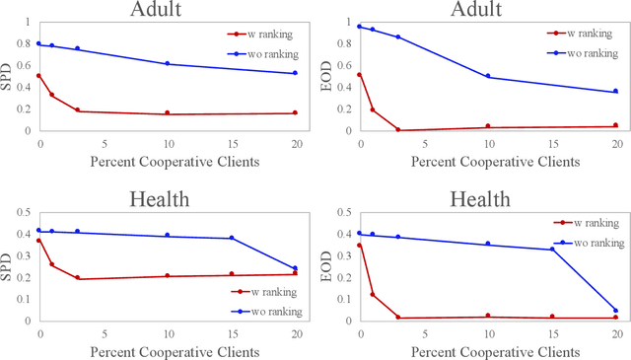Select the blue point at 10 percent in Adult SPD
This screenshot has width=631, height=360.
click(x=168, y=63)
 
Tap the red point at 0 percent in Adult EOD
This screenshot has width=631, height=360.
click(x=359, y=74)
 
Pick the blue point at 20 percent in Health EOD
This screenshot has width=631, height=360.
click(x=615, y=311)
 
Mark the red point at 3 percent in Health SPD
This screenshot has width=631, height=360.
click(x=78, y=278)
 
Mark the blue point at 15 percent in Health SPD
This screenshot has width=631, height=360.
click(x=232, y=238)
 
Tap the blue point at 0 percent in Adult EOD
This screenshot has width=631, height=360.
click(x=359, y=27)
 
